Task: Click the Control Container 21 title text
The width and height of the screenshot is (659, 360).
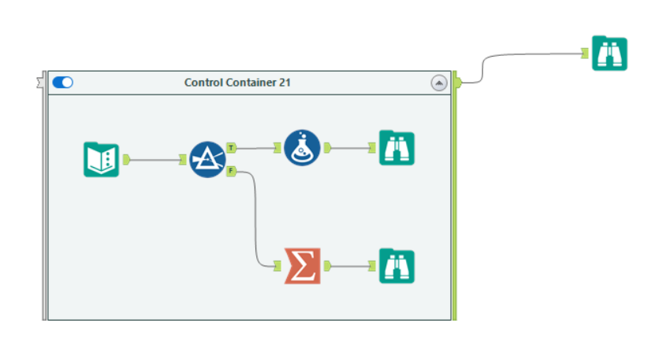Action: coord(236,82)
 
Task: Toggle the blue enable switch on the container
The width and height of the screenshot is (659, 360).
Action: coord(62,82)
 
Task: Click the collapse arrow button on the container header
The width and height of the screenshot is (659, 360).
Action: coord(438,83)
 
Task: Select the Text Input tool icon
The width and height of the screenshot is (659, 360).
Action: coord(101,159)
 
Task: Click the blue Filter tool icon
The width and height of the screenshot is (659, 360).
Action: coord(207,159)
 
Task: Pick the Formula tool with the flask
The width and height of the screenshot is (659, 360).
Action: coord(302,147)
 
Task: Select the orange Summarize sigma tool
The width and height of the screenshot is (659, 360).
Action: coord(303,266)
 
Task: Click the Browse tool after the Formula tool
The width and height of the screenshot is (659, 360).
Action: coord(397,147)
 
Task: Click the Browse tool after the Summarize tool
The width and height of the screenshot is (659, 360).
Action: coord(397,266)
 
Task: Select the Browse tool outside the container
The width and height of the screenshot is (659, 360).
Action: coord(609,53)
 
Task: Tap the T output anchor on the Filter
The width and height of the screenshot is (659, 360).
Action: coord(230,147)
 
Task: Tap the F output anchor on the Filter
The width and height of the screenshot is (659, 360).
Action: coord(230,170)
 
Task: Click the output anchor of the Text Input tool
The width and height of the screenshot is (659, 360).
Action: coord(125,159)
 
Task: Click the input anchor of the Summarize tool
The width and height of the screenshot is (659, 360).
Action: coord(277,266)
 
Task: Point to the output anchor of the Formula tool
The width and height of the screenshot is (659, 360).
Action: coord(327,147)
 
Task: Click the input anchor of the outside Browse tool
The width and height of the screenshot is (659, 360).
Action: coord(585,53)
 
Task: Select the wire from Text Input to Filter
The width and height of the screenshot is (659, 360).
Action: coord(154,159)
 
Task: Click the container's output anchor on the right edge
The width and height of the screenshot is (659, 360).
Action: coord(456,80)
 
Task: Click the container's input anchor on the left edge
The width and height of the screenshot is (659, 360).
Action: coord(41,80)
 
